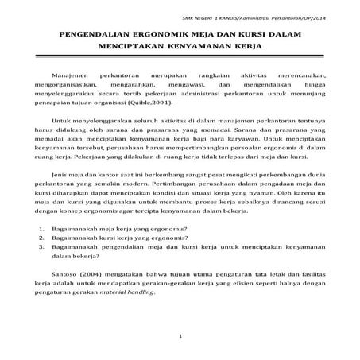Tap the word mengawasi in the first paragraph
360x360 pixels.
(x=184, y=83)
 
